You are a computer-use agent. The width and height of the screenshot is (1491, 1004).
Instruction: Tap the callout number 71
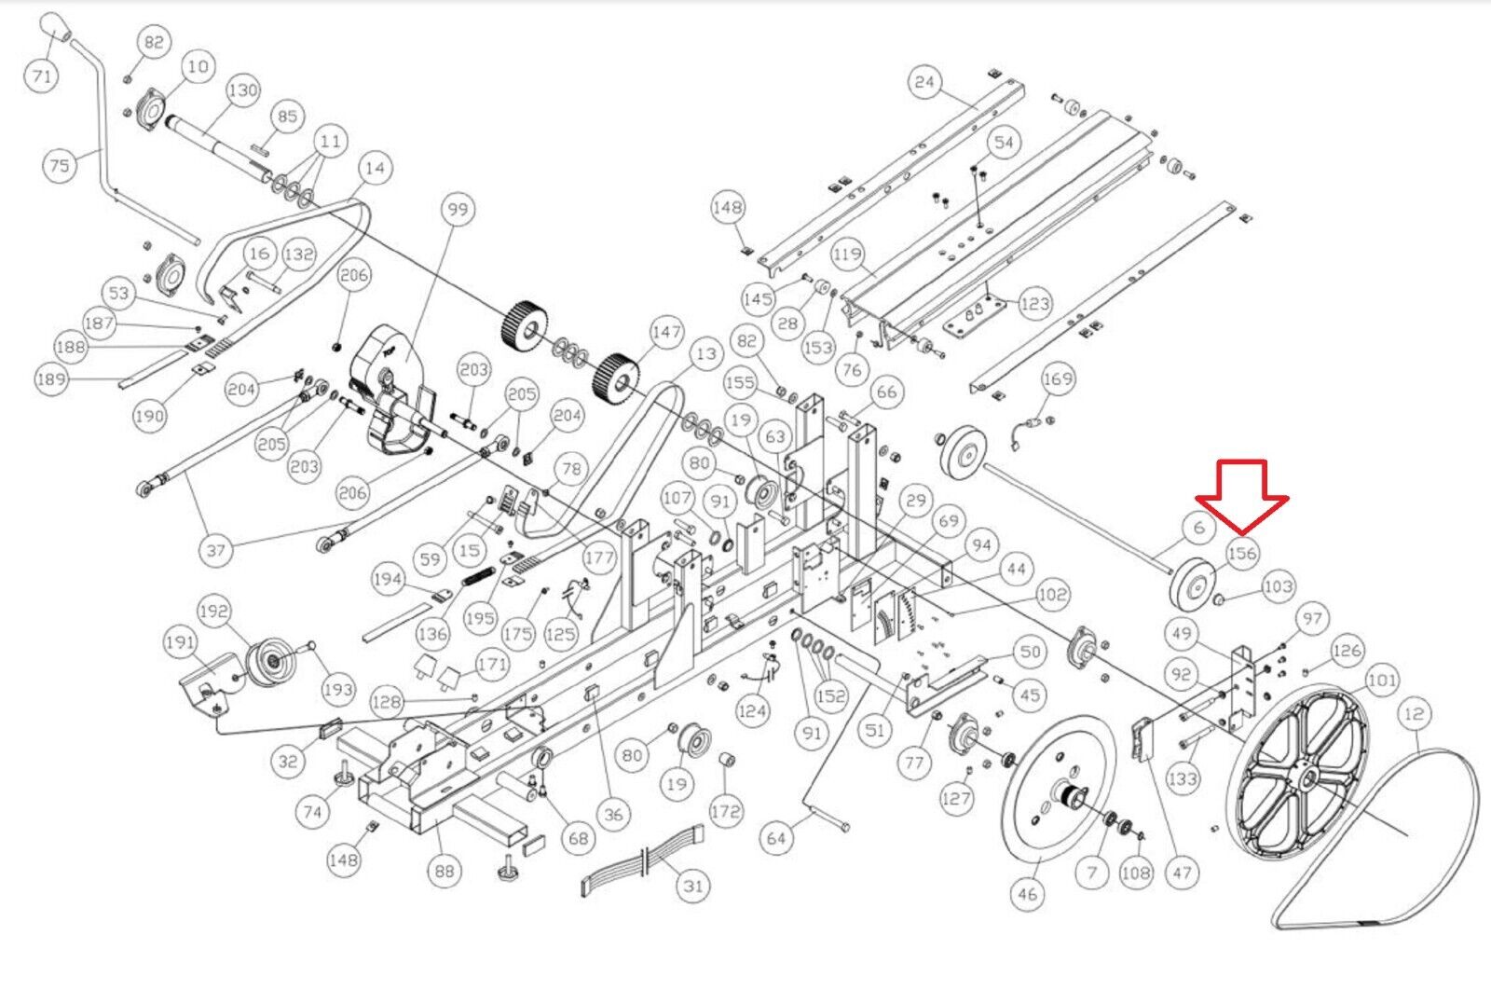pos(42,75)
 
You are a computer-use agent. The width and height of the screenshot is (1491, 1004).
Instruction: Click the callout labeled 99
pos(458,210)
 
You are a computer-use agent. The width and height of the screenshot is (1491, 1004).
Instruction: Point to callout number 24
pos(923,82)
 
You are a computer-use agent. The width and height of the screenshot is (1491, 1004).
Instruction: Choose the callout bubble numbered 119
pos(848,254)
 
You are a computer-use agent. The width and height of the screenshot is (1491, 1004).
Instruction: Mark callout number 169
pos(1058,378)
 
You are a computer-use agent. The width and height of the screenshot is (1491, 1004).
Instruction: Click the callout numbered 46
pos(1027,894)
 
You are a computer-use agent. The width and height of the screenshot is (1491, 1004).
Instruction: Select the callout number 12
pos(1414,714)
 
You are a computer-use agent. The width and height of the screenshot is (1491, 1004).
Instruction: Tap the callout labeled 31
pos(692,885)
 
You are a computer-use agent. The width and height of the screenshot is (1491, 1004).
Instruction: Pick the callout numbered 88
pos(445,871)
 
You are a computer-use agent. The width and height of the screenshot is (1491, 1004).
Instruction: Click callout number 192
pos(213,612)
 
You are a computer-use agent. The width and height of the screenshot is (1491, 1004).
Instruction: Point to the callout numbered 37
pos(216,550)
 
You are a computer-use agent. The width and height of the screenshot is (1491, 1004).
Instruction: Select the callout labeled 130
pos(242,90)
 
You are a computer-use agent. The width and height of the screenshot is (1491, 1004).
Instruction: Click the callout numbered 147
pos(666,332)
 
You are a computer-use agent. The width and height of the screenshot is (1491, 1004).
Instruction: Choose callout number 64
pos(776,837)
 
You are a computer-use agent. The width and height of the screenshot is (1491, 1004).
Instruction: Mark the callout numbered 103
pos(1278,586)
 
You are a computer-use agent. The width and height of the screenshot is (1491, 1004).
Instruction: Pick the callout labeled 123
pos(1034,303)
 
